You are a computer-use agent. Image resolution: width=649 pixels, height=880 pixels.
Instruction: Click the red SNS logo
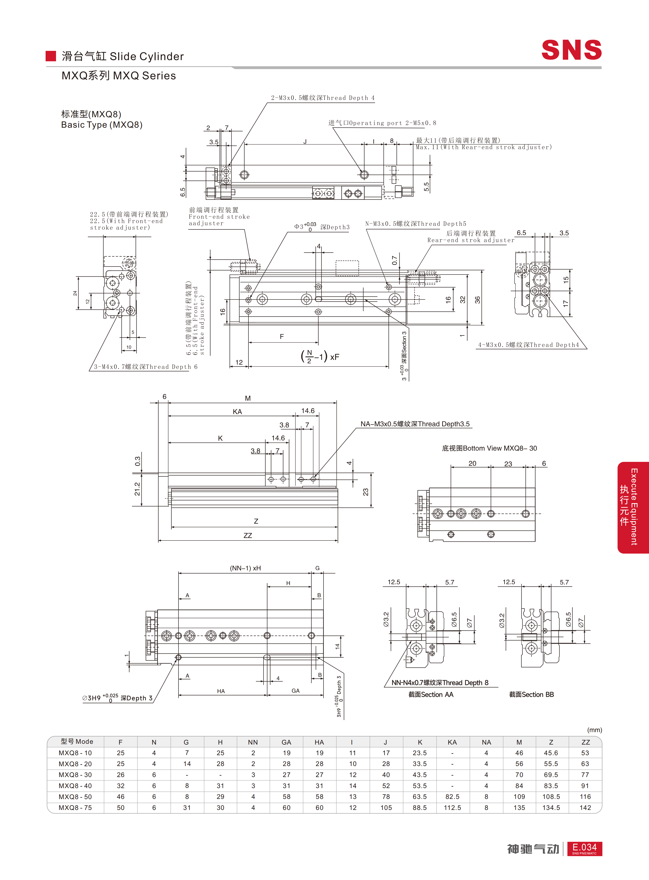point(572,50)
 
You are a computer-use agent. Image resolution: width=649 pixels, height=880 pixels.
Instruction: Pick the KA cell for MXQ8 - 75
point(452,808)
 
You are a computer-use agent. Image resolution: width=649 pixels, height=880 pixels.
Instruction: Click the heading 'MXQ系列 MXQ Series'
point(119,76)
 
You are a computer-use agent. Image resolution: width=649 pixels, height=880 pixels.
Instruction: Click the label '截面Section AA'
point(431,694)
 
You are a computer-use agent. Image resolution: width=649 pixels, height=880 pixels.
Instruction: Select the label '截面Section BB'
point(531,694)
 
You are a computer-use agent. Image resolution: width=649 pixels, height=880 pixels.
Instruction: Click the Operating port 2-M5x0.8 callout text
point(382,123)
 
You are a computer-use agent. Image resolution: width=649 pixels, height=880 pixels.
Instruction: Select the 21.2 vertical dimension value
point(137,489)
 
